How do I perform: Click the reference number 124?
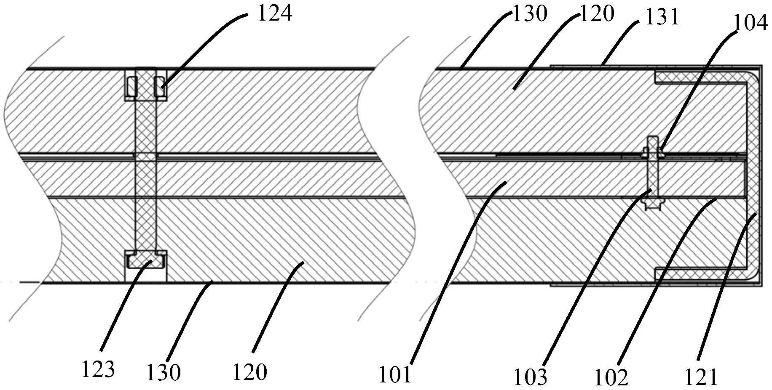tap(274, 13)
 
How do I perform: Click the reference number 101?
tap(394, 375)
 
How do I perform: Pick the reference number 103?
tap(530, 377)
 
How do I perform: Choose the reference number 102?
tap(611, 377)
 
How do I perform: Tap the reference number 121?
tap(700, 377)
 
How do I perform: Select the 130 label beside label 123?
tap(163, 372)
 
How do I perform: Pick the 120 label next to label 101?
tap(249, 372)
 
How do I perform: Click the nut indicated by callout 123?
tap(146, 263)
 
